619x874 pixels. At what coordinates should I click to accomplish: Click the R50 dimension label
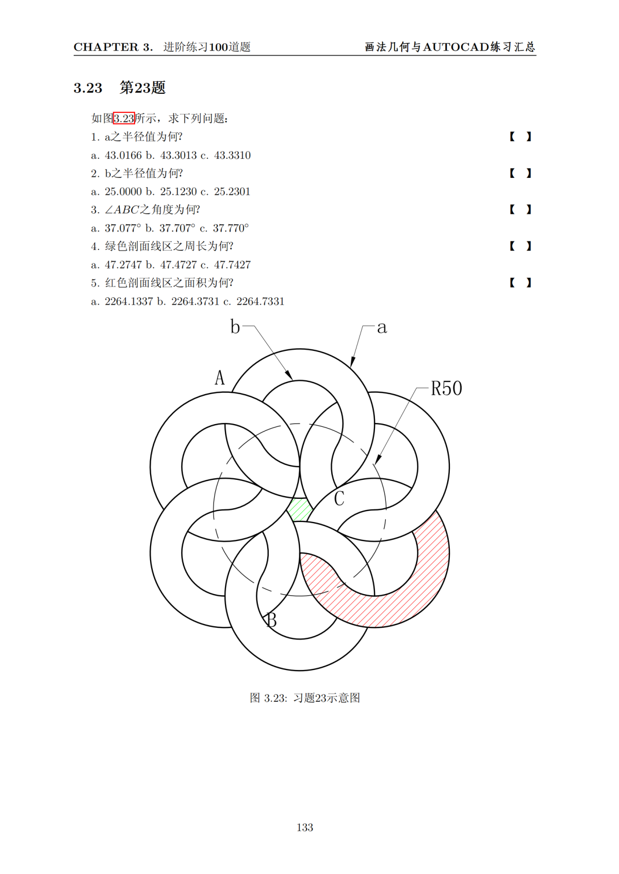point(446,389)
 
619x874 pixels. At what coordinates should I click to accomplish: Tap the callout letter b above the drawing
point(235,327)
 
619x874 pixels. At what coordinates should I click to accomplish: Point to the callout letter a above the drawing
point(382,327)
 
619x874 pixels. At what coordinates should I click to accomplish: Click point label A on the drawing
point(220,378)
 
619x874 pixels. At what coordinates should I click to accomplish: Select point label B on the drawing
point(272,620)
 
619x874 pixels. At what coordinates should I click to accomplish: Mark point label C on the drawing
point(339,499)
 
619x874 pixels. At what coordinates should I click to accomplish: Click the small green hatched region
point(300,510)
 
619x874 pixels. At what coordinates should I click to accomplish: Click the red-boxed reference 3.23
point(124,119)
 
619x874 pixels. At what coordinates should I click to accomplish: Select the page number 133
point(305,827)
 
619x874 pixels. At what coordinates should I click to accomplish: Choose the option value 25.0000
point(123,192)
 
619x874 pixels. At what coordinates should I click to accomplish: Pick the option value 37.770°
point(231,228)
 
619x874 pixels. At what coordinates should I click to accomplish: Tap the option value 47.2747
point(123,265)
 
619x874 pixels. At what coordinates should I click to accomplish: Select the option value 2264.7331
point(260,301)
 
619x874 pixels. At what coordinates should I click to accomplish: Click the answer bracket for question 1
point(520,137)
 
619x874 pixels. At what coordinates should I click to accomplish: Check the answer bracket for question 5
point(520,282)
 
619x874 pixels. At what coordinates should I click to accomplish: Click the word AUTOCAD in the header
point(456,47)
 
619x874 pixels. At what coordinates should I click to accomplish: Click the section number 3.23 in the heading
point(88,88)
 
